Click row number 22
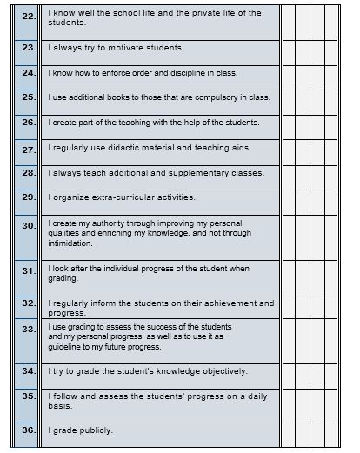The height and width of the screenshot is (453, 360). tap(28, 17)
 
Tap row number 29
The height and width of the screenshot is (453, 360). tap(28, 198)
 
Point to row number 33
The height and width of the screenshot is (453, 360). tap(28, 330)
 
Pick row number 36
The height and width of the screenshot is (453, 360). tap(28, 430)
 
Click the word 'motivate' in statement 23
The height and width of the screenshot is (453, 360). tap(118, 48)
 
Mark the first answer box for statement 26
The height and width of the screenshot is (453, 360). tap(290, 123)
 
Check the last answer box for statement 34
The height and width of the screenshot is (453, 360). tap(343, 372)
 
